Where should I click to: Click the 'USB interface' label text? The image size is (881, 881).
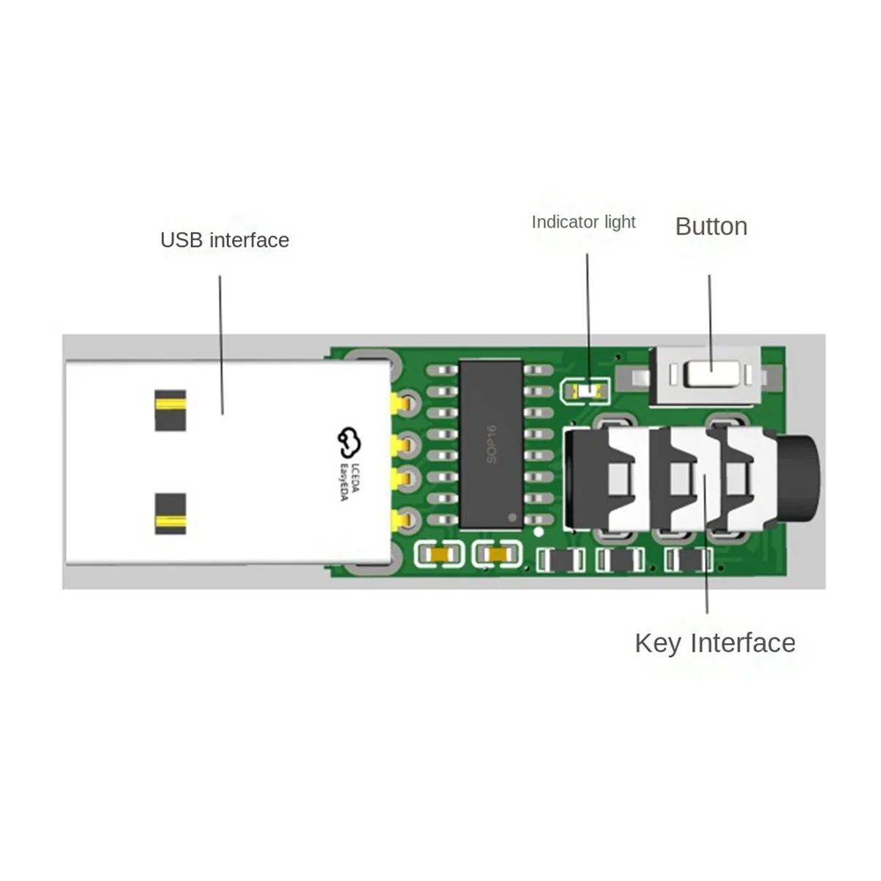(x=224, y=240)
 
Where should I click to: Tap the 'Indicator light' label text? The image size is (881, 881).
(x=583, y=222)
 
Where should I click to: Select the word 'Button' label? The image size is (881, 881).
(x=711, y=226)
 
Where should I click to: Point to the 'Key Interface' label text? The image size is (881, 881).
(x=714, y=643)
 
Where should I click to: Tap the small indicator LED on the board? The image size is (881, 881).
(x=585, y=391)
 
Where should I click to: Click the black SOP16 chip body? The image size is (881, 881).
(x=490, y=443)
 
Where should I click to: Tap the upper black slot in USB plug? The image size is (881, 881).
(x=170, y=410)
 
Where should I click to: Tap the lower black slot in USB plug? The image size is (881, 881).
(x=170, y=514)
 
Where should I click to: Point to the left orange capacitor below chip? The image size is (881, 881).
(x=440, y=556)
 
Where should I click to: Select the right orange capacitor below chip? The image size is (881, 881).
(x=498, y=556)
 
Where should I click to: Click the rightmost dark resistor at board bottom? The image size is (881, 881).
(x=689, y=562)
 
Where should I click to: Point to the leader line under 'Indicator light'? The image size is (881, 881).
(x=588, y=316)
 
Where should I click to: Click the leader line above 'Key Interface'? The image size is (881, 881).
(x=706, y=543)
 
